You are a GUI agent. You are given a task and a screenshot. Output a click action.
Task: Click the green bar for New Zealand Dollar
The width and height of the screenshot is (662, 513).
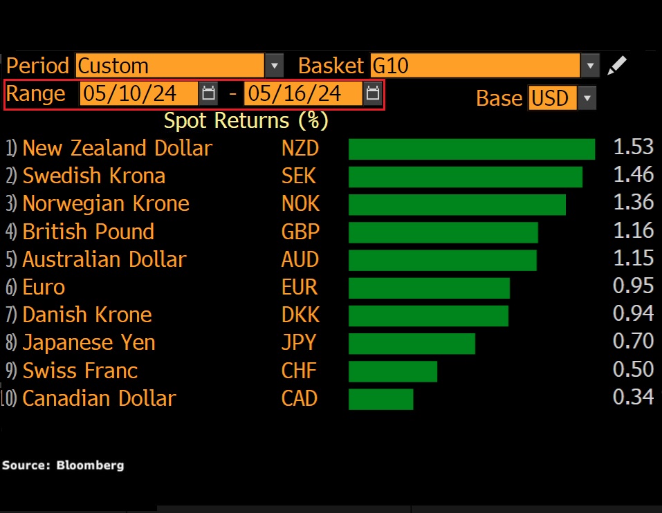[471, 149]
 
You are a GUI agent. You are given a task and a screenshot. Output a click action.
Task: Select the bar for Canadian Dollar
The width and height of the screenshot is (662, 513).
[380, 399]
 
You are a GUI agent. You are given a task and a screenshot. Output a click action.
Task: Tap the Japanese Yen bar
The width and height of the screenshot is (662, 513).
[412, 344]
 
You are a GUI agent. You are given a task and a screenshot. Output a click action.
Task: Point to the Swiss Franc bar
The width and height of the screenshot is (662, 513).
[392, 371]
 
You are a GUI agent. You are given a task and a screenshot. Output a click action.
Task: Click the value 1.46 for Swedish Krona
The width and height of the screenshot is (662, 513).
[633, 175]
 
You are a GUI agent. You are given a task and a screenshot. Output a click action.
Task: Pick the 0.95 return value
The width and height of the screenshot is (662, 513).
[633, 286]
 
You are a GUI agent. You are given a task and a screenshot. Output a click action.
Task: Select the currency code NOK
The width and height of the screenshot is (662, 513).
[300, 203]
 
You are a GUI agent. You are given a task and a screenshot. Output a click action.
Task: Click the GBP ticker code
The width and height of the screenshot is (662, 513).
[300, 232]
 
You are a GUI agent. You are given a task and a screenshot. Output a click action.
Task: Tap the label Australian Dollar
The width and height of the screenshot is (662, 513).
[104, 259]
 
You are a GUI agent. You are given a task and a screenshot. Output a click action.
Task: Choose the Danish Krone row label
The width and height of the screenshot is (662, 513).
[87, 315]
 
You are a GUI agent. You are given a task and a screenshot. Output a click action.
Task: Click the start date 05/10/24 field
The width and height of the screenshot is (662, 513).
[138, 93]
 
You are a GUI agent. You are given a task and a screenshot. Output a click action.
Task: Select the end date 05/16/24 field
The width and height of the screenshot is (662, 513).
[303, 93]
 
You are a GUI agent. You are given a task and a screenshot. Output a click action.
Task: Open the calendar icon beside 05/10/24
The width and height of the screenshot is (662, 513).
[208, 93]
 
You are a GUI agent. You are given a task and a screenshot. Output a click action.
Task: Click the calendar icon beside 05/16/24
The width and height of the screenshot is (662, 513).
[372, 93]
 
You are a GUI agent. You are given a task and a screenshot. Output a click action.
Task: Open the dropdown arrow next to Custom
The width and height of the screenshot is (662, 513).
[275, 66]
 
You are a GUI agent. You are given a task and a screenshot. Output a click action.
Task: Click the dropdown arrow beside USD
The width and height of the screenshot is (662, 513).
[587, 98]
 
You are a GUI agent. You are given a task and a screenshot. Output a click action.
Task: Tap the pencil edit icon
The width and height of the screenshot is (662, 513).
[616, 66]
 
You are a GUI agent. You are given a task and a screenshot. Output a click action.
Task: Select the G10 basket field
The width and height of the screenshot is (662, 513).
[475, 66]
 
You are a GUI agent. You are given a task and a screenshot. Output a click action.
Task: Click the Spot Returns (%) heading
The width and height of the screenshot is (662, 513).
[246, 120]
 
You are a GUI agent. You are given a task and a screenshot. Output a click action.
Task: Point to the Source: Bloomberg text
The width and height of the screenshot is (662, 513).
[63, 465]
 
